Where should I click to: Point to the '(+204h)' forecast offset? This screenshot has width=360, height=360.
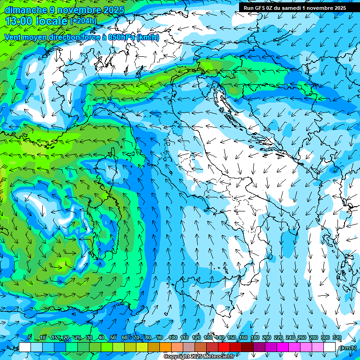[x=83, y=21]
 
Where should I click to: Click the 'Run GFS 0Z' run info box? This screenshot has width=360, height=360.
[x=295, y=8]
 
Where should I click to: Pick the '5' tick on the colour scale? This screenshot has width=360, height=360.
[x=30, y=337]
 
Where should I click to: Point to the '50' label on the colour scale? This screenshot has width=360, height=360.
[x=113, y=337]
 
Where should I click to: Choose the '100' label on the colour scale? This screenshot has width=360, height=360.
[x=173, y=337]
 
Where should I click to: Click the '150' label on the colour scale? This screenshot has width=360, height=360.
[x=232, y=337]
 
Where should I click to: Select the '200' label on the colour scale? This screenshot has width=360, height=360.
[x=267, y=337]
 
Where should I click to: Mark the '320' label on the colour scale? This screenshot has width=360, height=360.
[x=337, y=337]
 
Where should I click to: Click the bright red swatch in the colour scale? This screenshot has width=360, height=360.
[x=224, y=347]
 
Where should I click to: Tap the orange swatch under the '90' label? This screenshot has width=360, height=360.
[x=165, y=347]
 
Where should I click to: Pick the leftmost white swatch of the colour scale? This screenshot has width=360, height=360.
[x=25, y=347]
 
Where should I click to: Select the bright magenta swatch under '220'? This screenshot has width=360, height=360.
[x=282, y=347]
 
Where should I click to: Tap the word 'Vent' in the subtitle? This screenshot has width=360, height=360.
[x=14, y=37]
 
